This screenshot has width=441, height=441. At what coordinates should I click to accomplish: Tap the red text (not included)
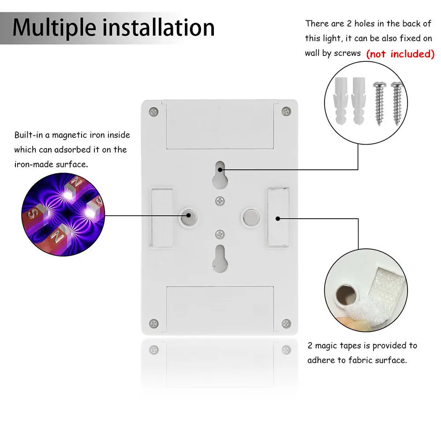pyautogui.click(x=400, y=54)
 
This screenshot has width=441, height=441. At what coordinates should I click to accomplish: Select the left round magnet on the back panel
pyautogui.click(x=189, y=216)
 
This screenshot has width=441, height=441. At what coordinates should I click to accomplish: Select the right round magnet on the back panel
pyautogui.click(x=250, y=216)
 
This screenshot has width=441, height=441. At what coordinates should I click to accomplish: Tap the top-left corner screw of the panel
pyautogui.click(x=153, y=111)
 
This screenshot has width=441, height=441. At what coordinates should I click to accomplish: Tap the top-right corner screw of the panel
pyautogui.click(x=286, y=111)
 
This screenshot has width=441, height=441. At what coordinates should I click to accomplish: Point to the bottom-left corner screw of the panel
pyautogui.click(x=153, y=324)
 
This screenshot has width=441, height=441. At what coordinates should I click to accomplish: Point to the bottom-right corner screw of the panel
pyautogui.click(x=286, y=324)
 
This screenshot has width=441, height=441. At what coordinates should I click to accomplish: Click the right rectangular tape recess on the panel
pyautogui.click(x=277, y=217)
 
